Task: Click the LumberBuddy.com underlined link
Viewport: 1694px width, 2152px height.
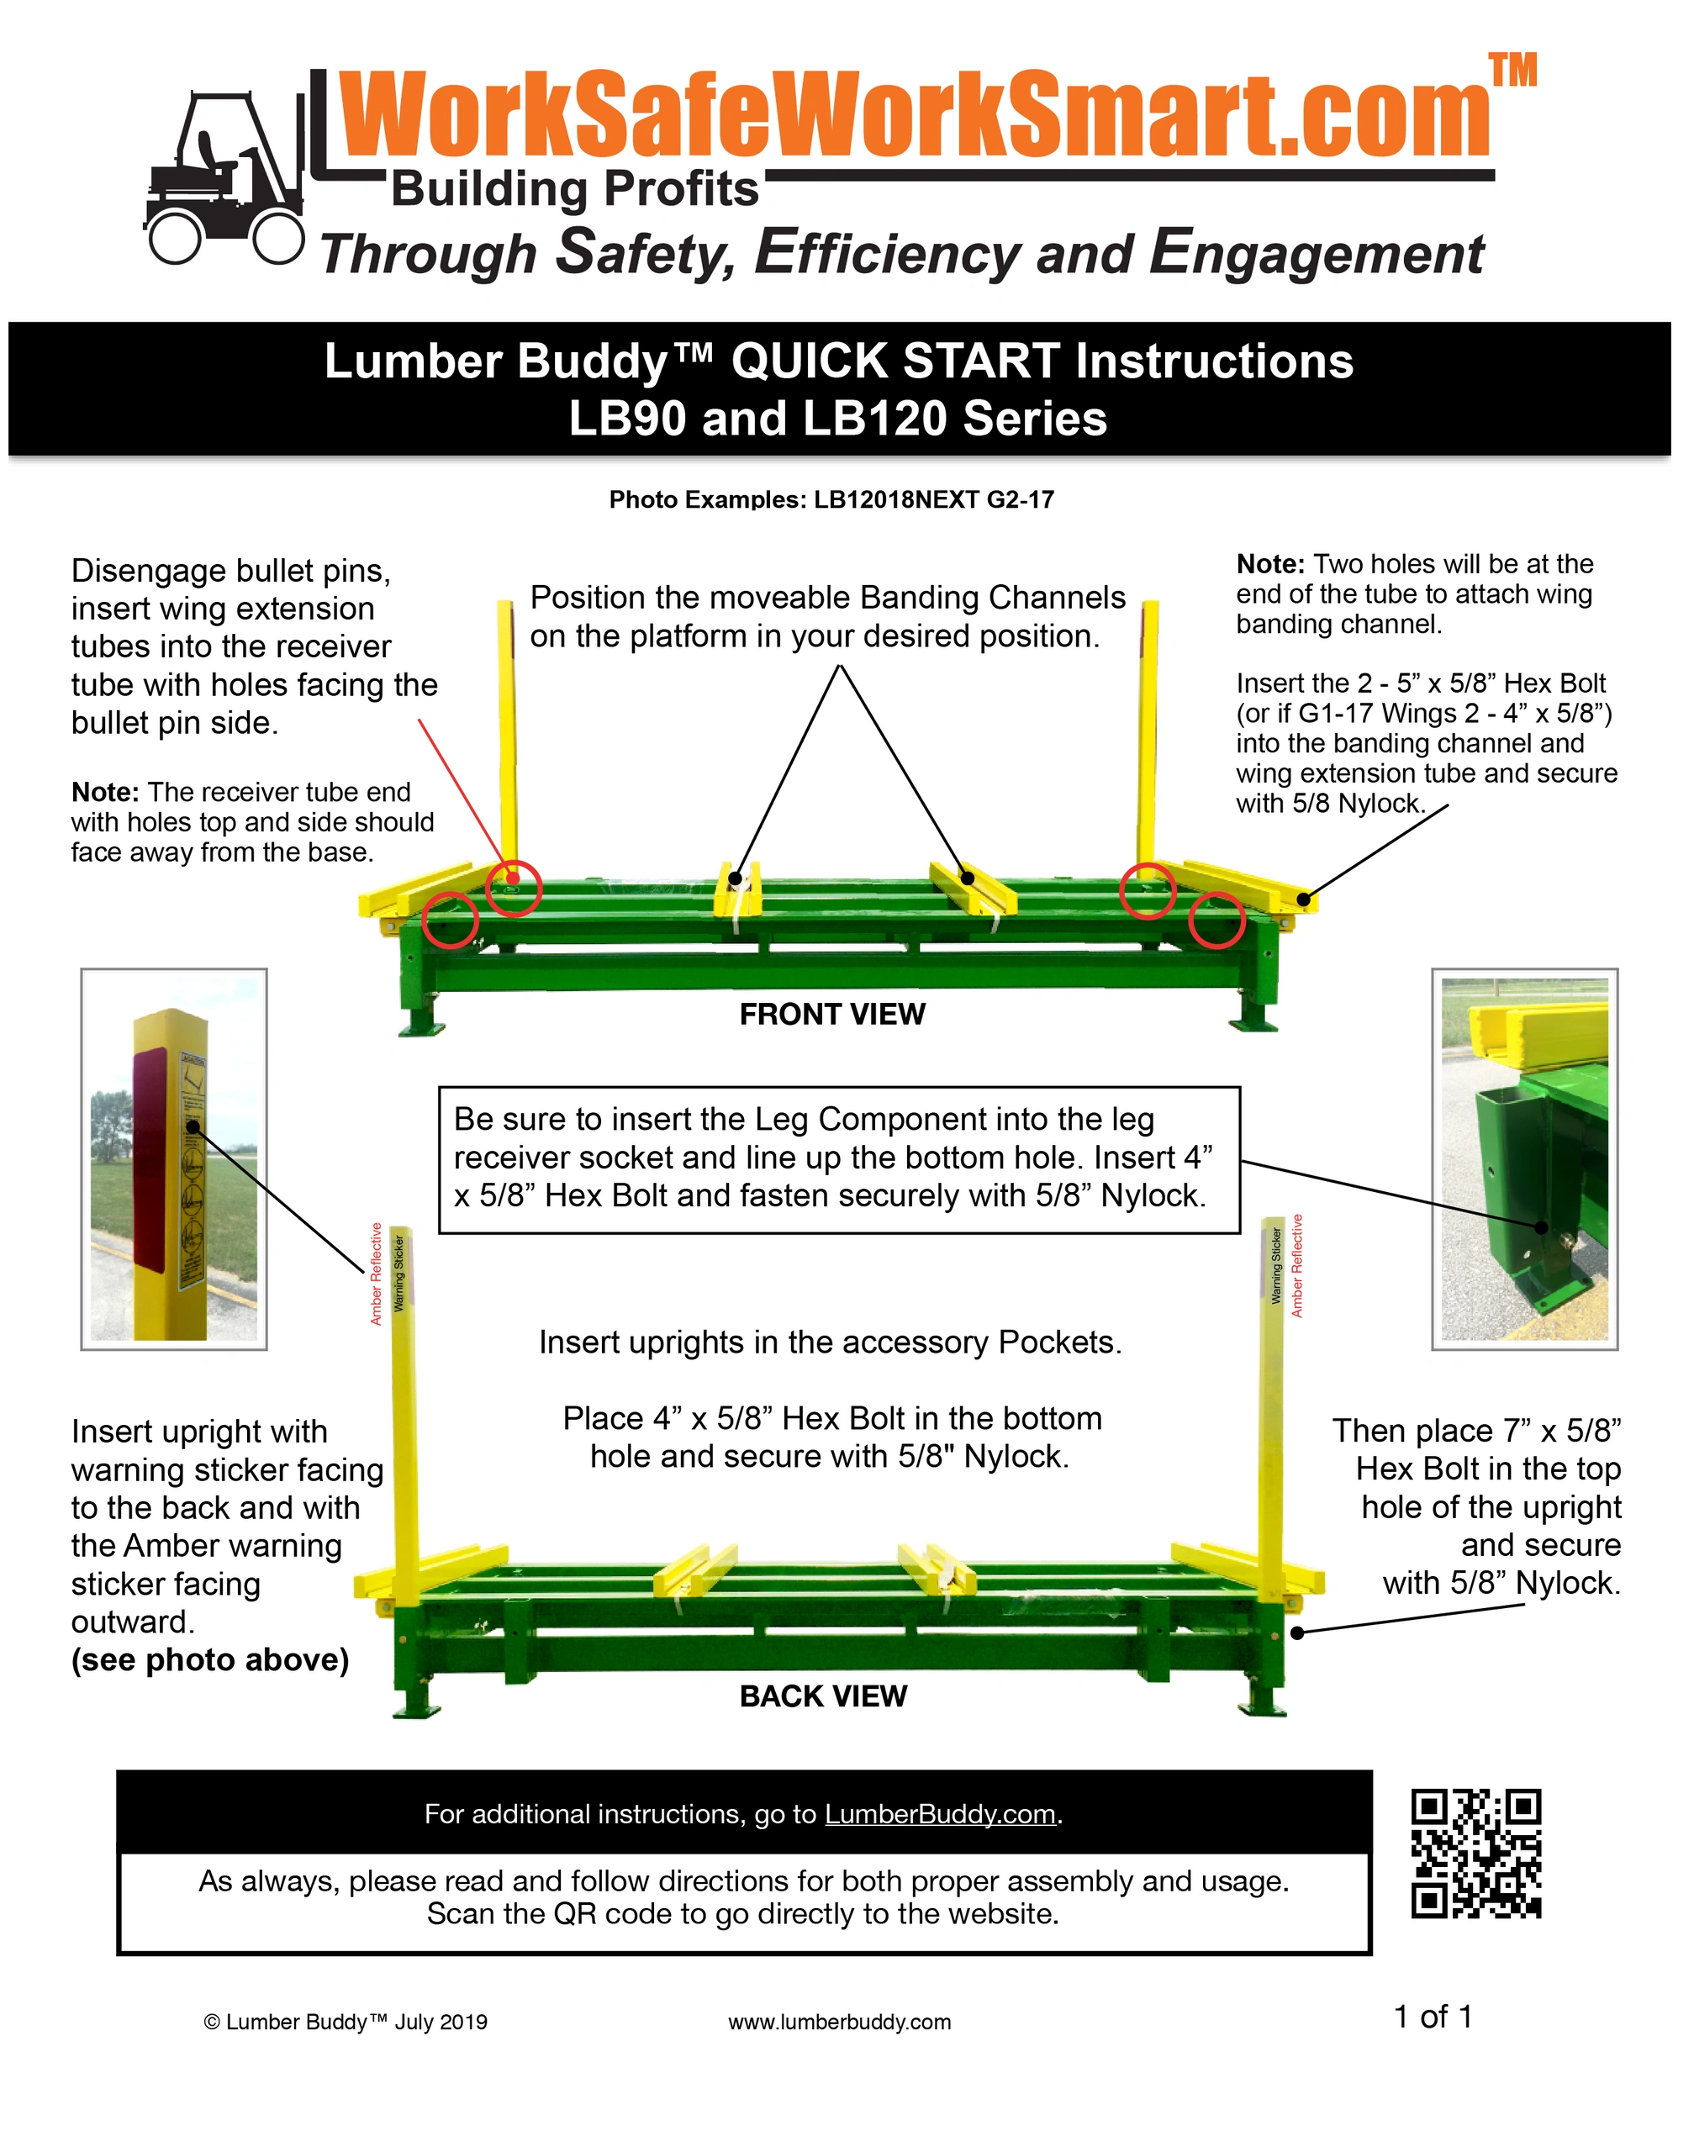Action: [x=940, y=1814]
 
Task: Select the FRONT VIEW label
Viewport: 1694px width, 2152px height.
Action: [x=832, y=1014]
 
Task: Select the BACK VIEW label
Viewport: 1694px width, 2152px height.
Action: [x=823, y=1696]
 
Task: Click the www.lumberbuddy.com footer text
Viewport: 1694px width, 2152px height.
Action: [x=839, y=2022]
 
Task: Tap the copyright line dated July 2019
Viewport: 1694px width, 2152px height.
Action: [x=346, y=2022]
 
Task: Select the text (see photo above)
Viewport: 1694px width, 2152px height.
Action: [x=210, y=1659]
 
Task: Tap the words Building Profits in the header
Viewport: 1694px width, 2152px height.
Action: [x=575, y=188]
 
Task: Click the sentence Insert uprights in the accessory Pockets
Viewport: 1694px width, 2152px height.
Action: [x=830, y=1342]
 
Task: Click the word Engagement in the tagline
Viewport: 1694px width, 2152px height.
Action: [x=1317, y=253]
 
